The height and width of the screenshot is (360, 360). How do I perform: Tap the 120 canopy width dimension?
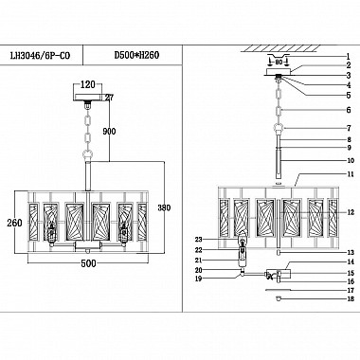pyautogui.click(x=88, y=84)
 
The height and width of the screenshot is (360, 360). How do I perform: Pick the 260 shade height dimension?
pyautogui.click(x=11, y=224)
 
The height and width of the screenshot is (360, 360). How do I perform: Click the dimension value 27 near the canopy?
pyautogui.click(x=108, y=97)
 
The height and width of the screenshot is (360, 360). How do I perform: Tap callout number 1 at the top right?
pyautogui.click(x=348, y=58)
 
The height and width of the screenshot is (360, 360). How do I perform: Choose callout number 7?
pyautogui.click(x=348, y=127)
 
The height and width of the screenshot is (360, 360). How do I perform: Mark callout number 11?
pyautogui.click(x=348, y=175)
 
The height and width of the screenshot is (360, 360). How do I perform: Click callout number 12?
pyautogui.click(x=349, y=211)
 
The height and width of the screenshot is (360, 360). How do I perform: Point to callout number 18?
pyautogui.click(x=349, y=298)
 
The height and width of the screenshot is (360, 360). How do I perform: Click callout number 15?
pyautogui.click(x=349, y=273)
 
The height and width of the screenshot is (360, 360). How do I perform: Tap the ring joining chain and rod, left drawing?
pyautogui.click(x=88, y=153)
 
